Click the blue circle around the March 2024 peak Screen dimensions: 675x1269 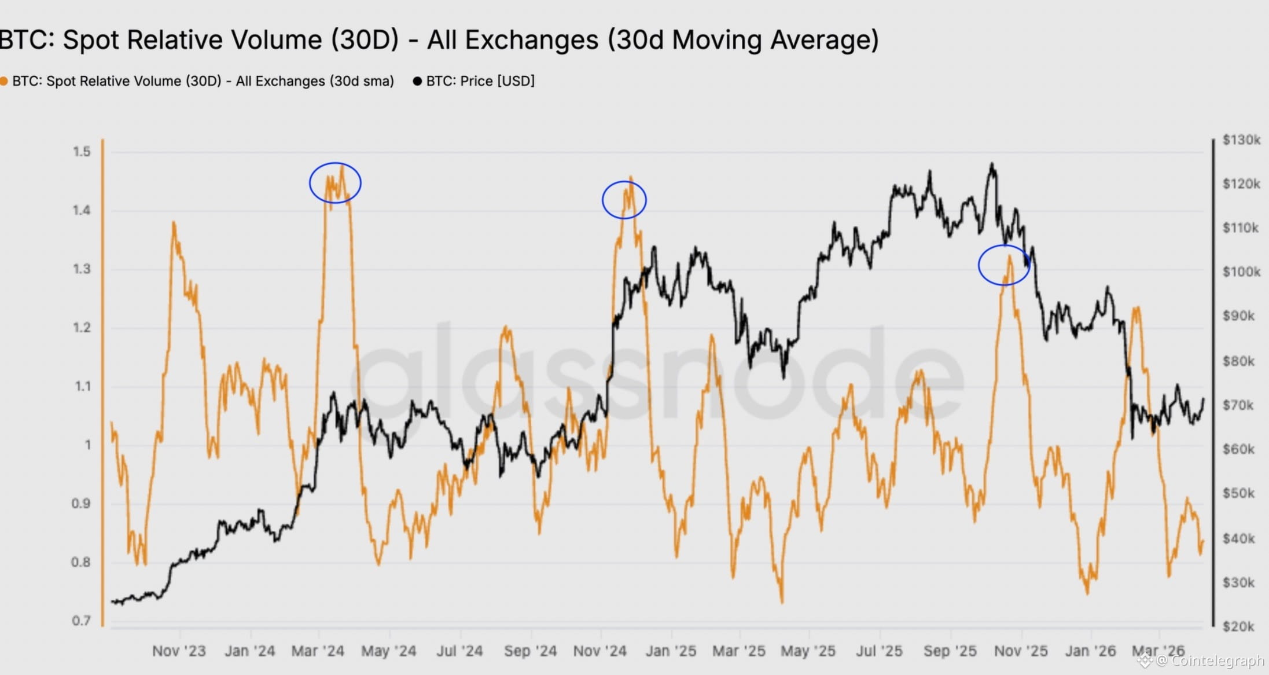click(x=335, y=182)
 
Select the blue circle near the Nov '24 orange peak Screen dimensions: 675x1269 click(x=624, y=200)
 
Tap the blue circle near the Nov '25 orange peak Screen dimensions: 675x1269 click(x=1004, y=265)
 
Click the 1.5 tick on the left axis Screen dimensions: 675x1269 click(x=82, y=152)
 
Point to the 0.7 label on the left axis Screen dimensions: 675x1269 click(x=81, y=621)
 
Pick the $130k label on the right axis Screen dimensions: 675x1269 click(x=1241, y=140)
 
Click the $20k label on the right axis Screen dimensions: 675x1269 click(x=1238, y=626)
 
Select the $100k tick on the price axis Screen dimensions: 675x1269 click(x=1241, y=272)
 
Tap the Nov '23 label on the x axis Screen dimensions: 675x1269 click(x=179, y=651)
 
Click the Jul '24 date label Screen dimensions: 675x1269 click(x=459, y=651)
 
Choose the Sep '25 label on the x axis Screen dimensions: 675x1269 click(x=950, y=651)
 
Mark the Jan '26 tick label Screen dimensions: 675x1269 click(x=1090, y=651)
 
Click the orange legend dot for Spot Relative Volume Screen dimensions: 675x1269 click(x=3, y=81)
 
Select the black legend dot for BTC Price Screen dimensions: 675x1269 click(x=417, y=81)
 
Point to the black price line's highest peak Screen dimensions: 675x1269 click(x=992, y=164)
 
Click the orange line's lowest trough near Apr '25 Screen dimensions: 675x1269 click(x=782, y=601)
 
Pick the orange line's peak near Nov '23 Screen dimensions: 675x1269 click(x=174, y=222)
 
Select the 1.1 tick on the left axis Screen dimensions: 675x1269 click(x=83, y=386)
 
